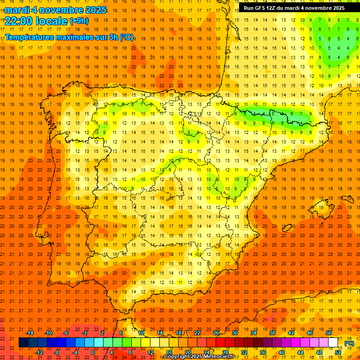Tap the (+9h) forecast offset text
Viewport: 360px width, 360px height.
tap(78, 21)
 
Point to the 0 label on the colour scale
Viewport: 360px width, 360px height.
tap(93, 352)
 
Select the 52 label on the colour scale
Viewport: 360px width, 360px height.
tap(338, 352)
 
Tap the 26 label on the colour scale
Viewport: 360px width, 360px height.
tap(216, 332)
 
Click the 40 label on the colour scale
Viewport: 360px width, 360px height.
tap(281, 352)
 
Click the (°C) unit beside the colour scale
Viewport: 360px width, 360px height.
tap(349, 343)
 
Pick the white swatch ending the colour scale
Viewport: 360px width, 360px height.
tap(333, 343)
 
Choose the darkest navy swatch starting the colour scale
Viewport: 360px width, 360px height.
tap(23, 343)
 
